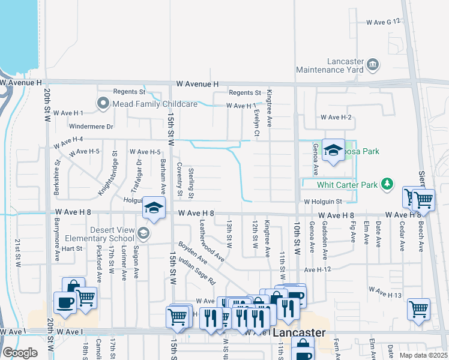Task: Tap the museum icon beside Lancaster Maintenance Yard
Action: [x=372, y=64]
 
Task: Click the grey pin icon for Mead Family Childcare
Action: [x=103, y=104]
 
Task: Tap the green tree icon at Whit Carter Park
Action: [x=388, y=184]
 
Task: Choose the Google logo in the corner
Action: [x=20, y=353]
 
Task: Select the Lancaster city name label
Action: [x=300, y=332]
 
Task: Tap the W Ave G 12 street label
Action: [x=383, y=22]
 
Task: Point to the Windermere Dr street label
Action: [x=91, y=127]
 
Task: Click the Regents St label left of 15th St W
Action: [x=130, y=92]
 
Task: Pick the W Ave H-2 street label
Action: [x=336, y=118]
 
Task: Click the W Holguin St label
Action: [x=322, y=202]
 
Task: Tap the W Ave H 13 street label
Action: [x=385, y=292]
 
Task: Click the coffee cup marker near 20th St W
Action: [x=65, y=303]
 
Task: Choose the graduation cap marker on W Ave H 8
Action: [x=154, y=208]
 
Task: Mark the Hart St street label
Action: [x=71, y=248]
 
